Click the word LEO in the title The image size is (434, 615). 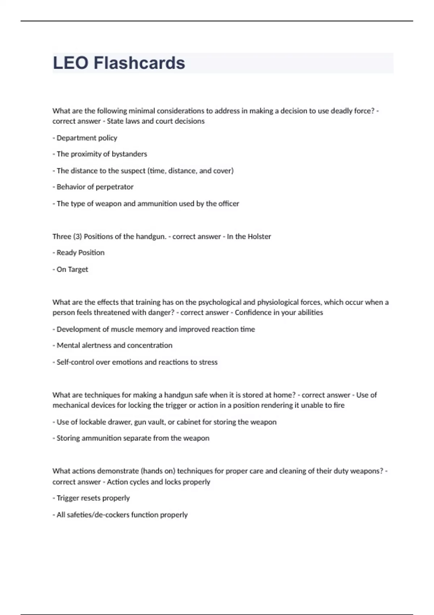[71, 63]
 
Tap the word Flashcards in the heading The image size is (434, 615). [139, 63]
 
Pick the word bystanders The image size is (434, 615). [129, 154]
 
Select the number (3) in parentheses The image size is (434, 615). [77, 237]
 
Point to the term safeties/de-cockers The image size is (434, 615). [93, 515]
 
